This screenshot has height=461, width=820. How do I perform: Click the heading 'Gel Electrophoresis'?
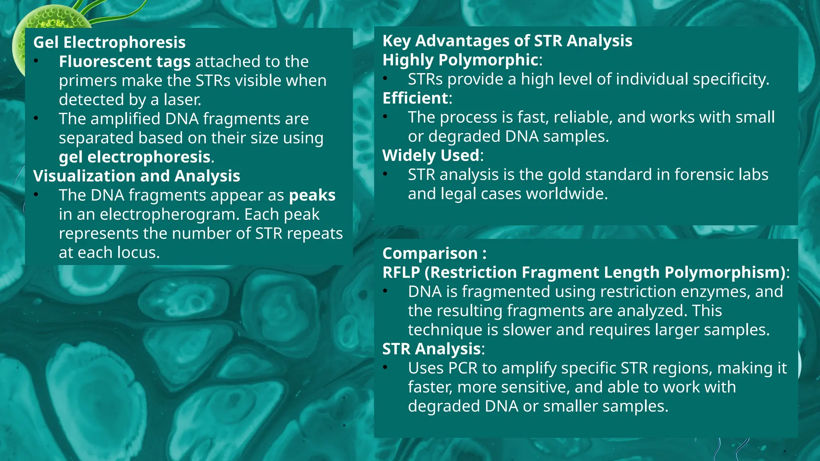pos(109,42)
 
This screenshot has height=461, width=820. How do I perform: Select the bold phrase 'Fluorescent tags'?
pos(125,62)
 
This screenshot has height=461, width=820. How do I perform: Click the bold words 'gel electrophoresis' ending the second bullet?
pos(135,157)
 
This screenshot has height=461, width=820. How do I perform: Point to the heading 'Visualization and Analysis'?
pos(137,176)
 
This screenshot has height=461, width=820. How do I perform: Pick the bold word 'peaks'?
pos(312,195)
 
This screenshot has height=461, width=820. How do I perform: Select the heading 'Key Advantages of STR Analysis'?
pos(507,41)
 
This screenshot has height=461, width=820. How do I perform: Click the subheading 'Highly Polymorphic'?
pos(460,60)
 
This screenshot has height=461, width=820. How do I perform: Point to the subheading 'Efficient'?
pos(415,98)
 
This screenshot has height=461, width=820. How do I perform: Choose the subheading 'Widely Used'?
pos(431,156)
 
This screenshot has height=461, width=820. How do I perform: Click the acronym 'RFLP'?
pos(401,273)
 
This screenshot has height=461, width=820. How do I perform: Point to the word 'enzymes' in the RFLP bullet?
pos(715,292)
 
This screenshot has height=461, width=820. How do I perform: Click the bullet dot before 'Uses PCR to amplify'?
pos(385,367)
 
